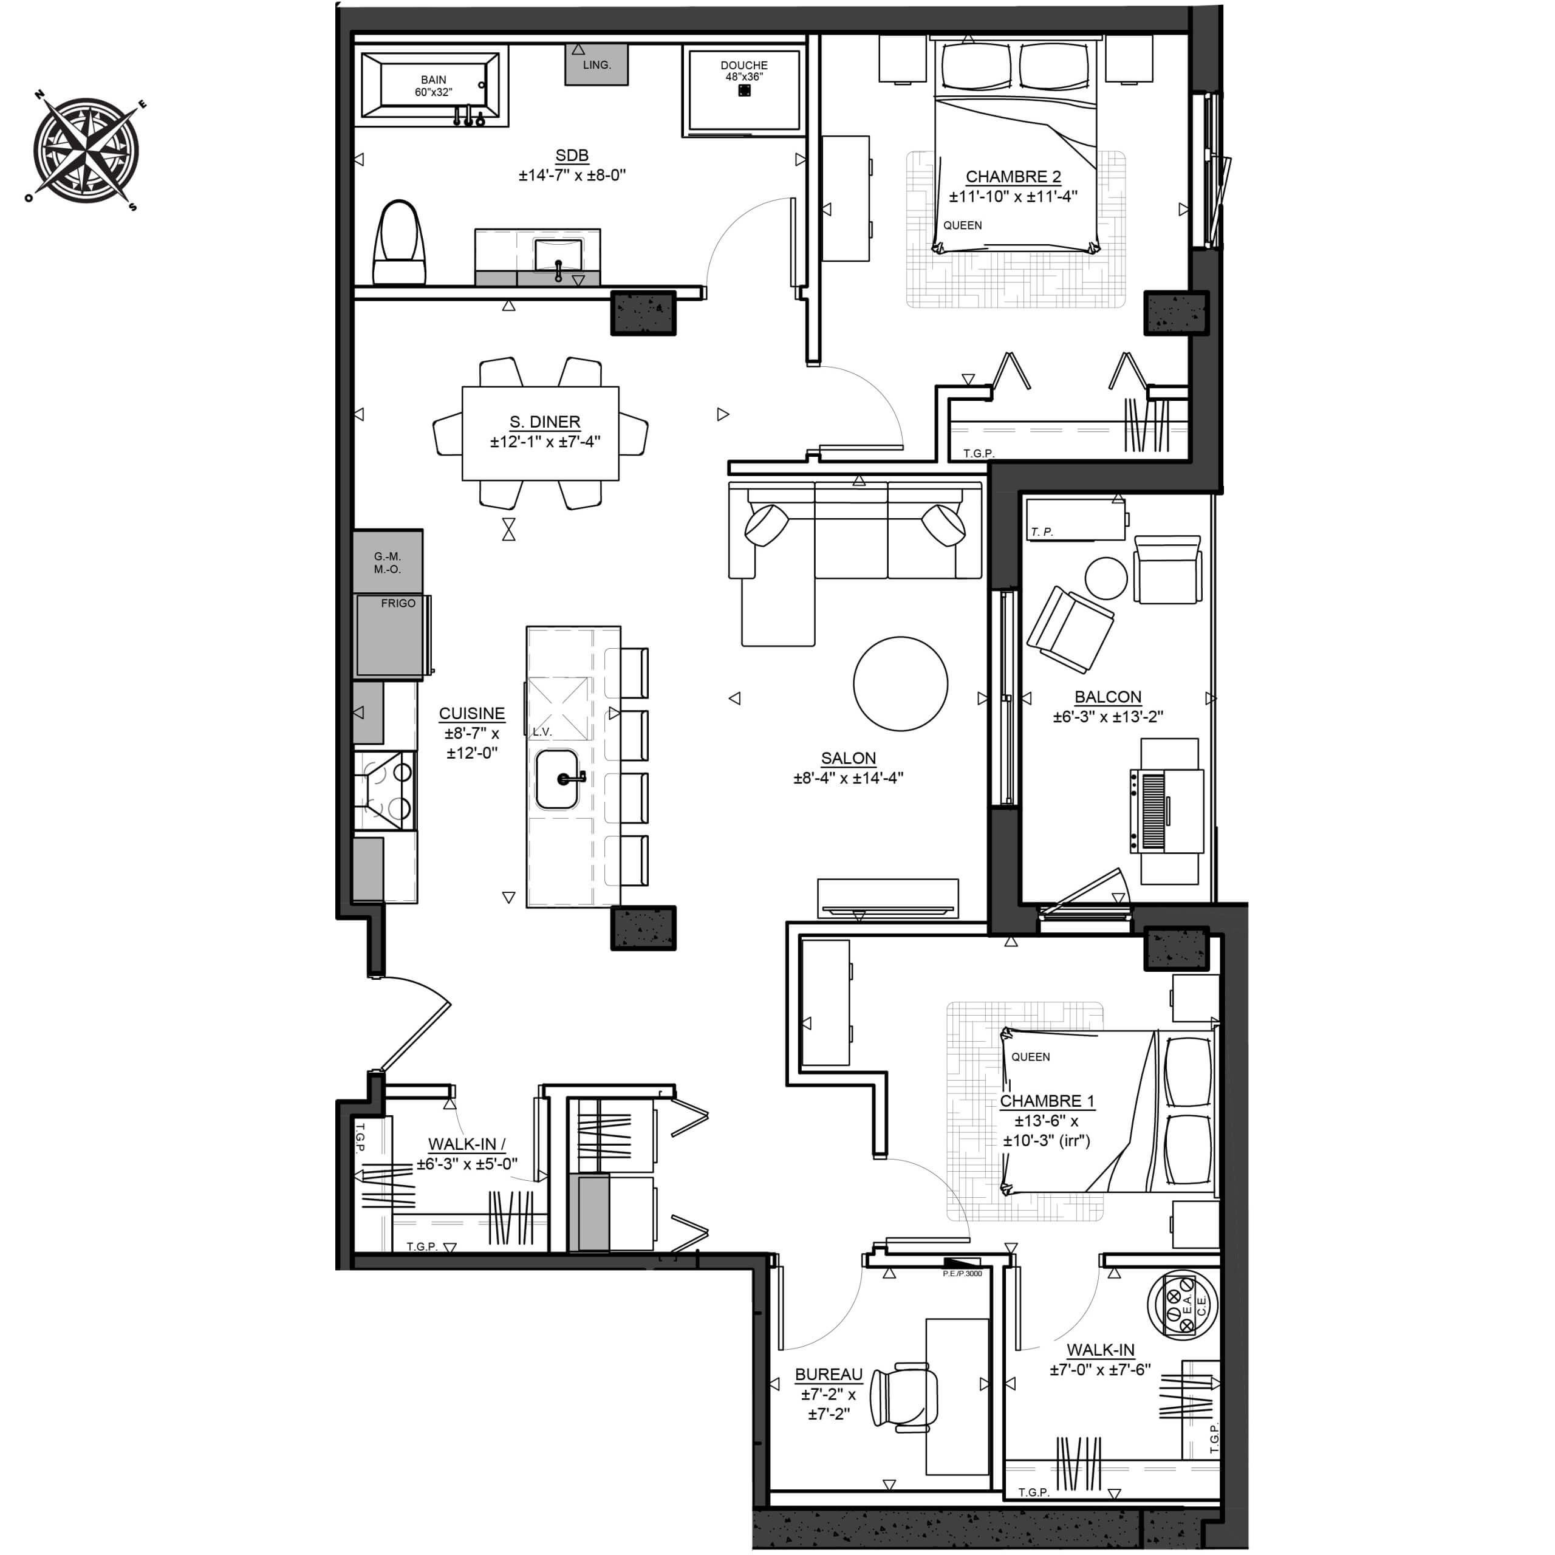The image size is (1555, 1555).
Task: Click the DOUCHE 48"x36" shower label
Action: point(743,71)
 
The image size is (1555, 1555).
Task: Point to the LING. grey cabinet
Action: point(596,64)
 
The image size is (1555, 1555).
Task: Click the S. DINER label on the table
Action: point(545,422)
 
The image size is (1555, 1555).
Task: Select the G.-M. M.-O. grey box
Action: point(387,562)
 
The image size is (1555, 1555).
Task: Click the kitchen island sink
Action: point(557,779)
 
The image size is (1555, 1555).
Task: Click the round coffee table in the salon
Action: point(901,684)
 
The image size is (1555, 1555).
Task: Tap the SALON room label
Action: point(849,758)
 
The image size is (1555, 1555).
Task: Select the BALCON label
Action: point(1109,697)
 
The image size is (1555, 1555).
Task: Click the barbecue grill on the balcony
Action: point(1167,810)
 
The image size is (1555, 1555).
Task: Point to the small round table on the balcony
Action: point(1107,578)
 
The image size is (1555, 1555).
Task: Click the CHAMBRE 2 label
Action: point(1013,176)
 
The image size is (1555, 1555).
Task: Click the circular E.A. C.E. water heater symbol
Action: point(1183,1305)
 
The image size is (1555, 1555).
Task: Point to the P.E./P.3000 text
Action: point(963,1273)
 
